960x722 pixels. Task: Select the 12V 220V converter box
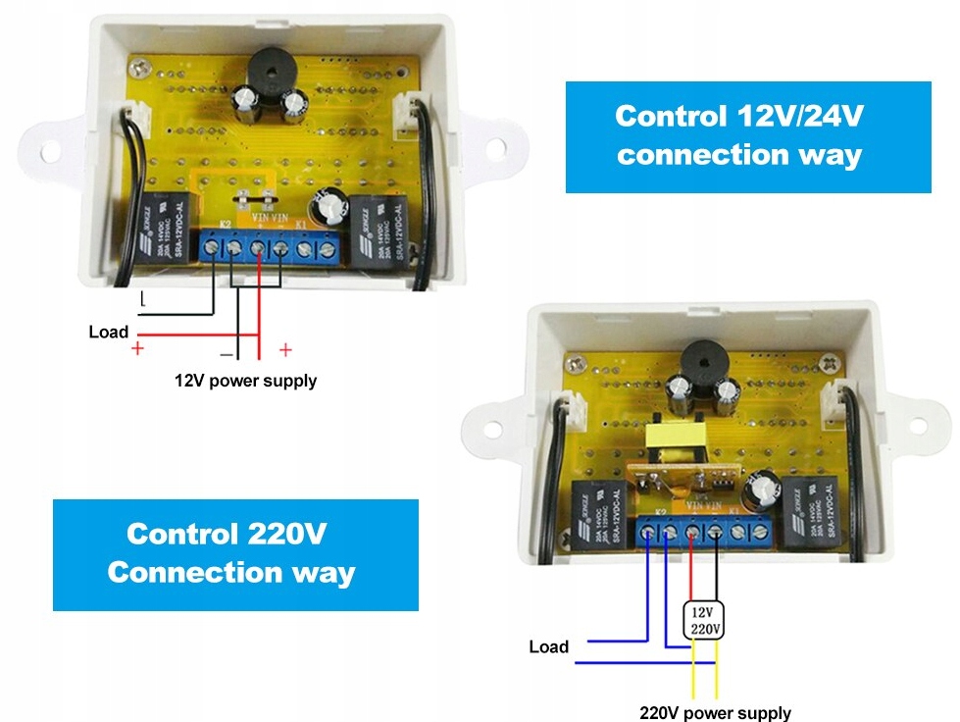click(x=704, y=619)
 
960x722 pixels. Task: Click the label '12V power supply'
click(x=245, y=380)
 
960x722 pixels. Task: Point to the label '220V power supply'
click(x=715, y=713)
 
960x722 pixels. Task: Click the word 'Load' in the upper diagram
click(x=108, y=332)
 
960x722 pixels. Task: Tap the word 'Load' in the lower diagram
click(x=548, y=646)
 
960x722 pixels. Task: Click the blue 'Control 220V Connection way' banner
click(x=235, y=554)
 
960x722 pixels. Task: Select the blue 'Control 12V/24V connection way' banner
click(x=748, y=136)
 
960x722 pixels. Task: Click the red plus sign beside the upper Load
click(x=137, y=348)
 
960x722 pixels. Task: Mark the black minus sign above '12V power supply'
click(x=226, y=351)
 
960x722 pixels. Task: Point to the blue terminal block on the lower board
click(x=704, y=532)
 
